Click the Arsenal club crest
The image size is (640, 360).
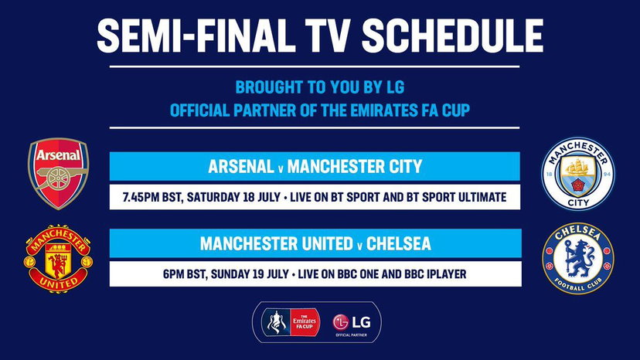[59, 174]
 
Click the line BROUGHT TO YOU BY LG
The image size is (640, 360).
[319, 89]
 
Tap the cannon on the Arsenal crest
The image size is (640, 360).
[59, 182]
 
